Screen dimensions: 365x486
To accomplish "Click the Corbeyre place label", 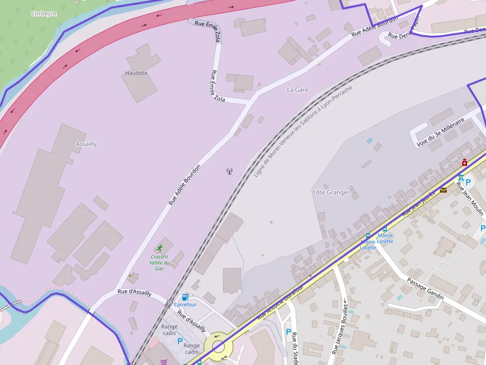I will pos(44,14).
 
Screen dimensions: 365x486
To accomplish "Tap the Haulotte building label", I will pos(136,73).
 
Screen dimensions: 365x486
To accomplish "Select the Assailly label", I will pos(86,144).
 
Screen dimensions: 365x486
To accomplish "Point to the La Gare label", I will pos(298,90).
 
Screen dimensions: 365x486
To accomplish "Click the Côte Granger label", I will pos(331,192).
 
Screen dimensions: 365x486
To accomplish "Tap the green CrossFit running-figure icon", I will pos(160,248).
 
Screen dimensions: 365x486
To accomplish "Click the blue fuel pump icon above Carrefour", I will pos(185,297).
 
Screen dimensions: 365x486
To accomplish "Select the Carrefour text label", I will pos(185,305).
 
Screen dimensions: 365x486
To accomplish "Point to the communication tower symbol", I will pos(229,172).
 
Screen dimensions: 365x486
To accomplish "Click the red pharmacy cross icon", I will pos(465,162).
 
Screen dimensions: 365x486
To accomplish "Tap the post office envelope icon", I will pos(443,190).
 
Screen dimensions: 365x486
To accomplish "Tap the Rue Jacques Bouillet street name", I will pos(339,327).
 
